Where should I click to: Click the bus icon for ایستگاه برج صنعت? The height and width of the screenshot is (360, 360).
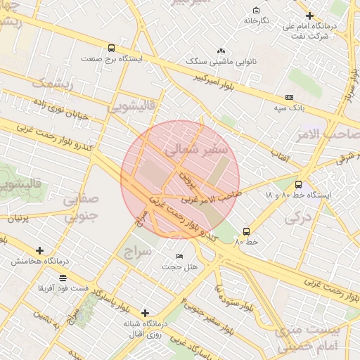pos(111,49)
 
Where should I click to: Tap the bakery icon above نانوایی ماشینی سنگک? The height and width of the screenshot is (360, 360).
pos(221,51)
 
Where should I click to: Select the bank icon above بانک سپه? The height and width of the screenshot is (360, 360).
pos(289,97)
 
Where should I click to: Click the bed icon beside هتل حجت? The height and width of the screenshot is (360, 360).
pos(180,256)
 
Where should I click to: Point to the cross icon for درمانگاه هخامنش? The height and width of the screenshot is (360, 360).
pos(39,250)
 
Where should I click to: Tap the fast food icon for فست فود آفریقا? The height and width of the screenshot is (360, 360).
pos(63,278)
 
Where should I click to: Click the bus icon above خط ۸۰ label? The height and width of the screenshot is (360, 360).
pos(246,231)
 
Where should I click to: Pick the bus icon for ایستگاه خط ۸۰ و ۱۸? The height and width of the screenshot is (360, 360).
pos(299,184)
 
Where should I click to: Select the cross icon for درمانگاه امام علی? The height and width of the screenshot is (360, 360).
pos(309,15)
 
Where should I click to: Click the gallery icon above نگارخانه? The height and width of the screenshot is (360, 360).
pos(256,11)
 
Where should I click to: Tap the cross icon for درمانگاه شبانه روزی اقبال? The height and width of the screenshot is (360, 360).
pos(145,313)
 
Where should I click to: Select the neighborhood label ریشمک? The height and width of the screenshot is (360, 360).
pos(52,83)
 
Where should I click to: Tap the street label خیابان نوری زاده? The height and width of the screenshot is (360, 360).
pos(59,108)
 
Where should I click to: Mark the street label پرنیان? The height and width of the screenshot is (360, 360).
pos(18,218)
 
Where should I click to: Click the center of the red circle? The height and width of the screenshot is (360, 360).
pos(180,179)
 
